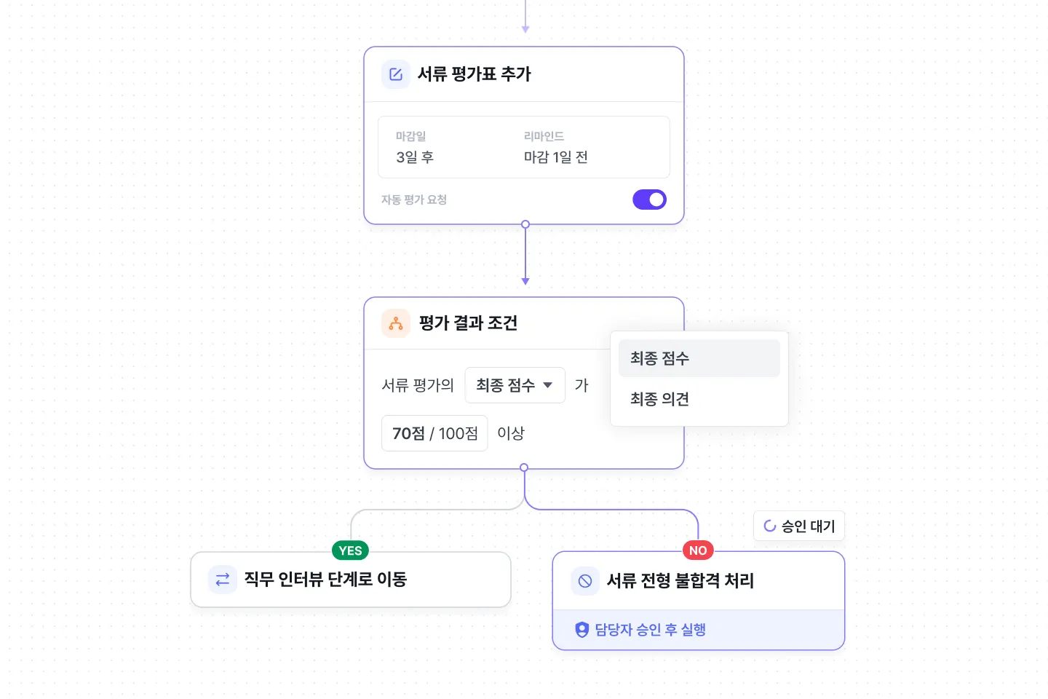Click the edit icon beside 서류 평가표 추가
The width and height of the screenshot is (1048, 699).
click(x=396, y=74)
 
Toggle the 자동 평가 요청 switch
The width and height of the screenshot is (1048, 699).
click(x=650, y=200)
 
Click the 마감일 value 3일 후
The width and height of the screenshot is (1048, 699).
click(x=415, y=157)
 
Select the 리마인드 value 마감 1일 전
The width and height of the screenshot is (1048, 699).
click(x=556, y=157)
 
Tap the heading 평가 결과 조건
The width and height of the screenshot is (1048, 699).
click(x=468, y=323)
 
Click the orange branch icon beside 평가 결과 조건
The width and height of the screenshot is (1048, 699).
click(x=396, y=323)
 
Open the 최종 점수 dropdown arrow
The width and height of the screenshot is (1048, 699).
click(x=548, y=385)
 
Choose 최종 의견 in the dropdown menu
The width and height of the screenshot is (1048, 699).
click(x=660, y=399)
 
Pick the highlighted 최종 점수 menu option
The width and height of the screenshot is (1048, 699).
click(x=660, y=358)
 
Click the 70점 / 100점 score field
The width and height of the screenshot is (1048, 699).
click(x=434, y=433)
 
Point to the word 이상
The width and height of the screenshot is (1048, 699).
click(x=511, y=433)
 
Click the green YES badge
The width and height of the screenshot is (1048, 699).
click(x=350, y=550)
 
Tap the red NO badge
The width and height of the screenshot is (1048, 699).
click(x=698, y=550)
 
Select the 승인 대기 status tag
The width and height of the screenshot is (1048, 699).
click(x=799, y=526)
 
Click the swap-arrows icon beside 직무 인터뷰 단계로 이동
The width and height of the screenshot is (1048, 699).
click(x=223, y=580)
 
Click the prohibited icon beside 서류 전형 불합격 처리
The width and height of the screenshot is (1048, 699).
click(x=585, y=581)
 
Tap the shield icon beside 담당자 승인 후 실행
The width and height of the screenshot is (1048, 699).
click(x=582, y=630)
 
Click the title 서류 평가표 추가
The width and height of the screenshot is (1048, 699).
click(x=475, y=74)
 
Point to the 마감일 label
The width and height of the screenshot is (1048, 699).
click(x=410, y=136)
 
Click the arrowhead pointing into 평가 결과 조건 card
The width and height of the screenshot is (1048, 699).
click(x=525, y=281)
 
